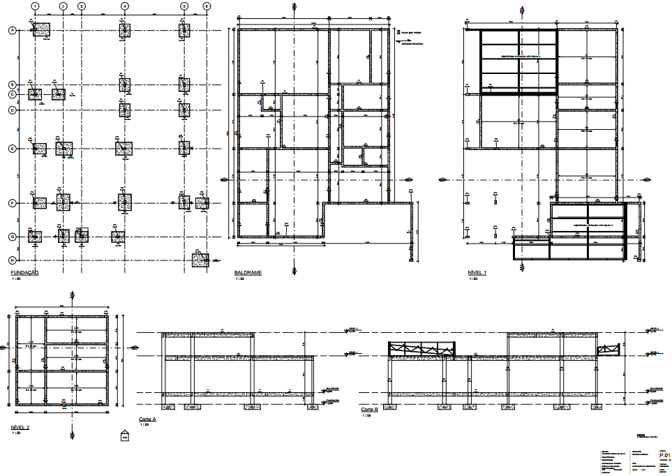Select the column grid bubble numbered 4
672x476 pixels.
pyautogui.click(x=124, y=6)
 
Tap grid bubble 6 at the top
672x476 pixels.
pyautogui.click(x=207, y=6)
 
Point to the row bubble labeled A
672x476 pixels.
pyautogui.click(x=12, y=30)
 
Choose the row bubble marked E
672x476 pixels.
pyautogui.click(x=12, y=149)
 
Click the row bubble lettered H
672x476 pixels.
pyautogui.click(x=12, y=260)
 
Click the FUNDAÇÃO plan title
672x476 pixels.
pyautogui.click(x=24, y=272)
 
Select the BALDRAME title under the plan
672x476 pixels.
pyautogui.click(x=248, y=272)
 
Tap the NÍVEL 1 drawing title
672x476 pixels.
pyautogui.click(x=477, y=272)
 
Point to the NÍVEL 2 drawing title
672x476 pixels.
pyautogui.click(x=20, y=426)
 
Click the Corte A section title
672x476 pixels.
pyautogui.click(x=147, y=419)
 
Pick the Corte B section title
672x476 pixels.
pyautogui.click(x=369, y=410)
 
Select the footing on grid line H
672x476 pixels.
pyautogui.click(x=200, y=260)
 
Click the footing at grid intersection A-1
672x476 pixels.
pyautogui.click(x=42, y=29)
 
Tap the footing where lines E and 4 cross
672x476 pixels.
pyautogui.click(x=124, y=148)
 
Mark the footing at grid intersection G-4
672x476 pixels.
pyautogui.click(x=117, y=237)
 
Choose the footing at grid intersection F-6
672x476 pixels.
pyautogui.click(x=202, y=203)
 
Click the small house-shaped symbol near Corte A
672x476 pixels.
pyautogui.click(x=125, y=437)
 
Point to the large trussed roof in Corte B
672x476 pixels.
pyautogui.click(x=421, y=348)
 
